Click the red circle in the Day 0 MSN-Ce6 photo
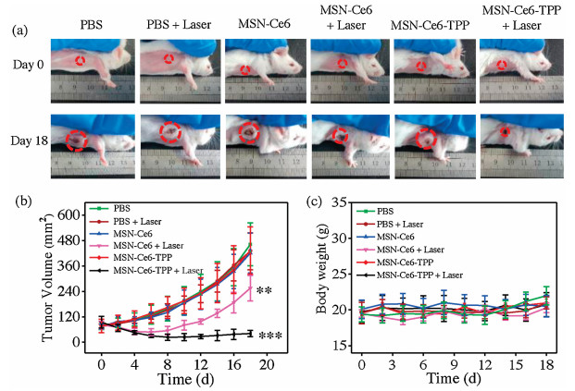(244, 70)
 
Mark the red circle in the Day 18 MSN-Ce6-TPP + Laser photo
(505, 132)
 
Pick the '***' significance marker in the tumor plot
(270, 336)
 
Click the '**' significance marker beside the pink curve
(263, 293)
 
